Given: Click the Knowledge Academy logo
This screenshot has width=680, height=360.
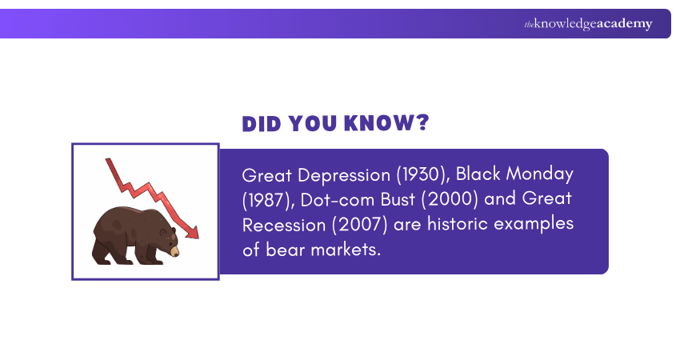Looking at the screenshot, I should point(588,24).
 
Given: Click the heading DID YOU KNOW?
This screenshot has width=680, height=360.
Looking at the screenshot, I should point(335,124).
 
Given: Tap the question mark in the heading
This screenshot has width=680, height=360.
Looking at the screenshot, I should point(422,124).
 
